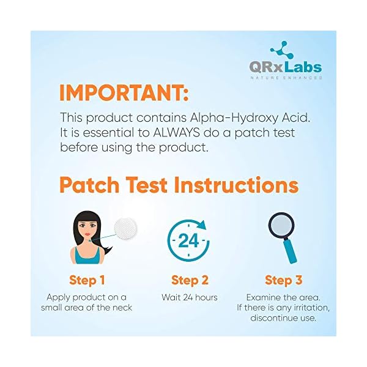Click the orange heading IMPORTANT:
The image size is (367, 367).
pyautogui.click(x=124, y=93)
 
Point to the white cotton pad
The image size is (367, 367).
pyautogui.click(x=125, y=229)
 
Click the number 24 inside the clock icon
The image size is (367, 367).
pyautogui.click(x=188, y=240)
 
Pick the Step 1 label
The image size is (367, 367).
pyautogui.click(x=87, y=281)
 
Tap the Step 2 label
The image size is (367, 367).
pyautogui.click(x=190, y=281)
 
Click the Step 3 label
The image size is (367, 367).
pyautogui.click(x=283, y=281)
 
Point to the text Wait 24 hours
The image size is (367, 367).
pyautogui.click(x=190, y=297)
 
